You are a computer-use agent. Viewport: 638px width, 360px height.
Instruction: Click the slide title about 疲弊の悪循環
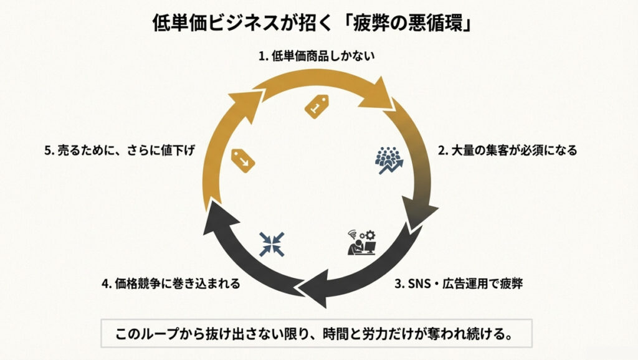(320, 24)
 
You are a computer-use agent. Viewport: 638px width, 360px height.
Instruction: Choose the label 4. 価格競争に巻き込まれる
(170, 284)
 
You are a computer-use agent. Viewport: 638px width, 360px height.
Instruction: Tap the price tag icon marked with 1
(316, 106)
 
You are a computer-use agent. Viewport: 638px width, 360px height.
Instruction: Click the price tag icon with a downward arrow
(243, 159)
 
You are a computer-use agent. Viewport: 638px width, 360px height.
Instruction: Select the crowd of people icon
(389, 159)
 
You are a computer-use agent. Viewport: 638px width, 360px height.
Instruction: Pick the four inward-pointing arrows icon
(272, 244)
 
